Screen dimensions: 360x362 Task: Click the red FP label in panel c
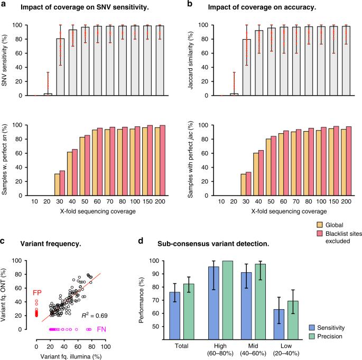coord(38,293)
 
